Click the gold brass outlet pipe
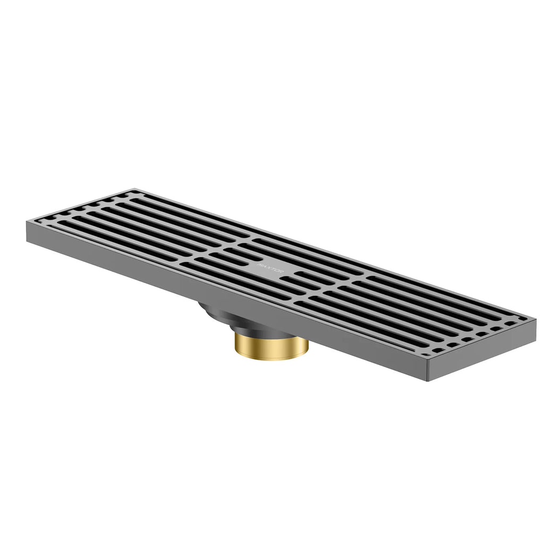point(271,347)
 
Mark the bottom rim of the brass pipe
point(271,360)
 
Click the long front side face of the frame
point(223,297)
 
